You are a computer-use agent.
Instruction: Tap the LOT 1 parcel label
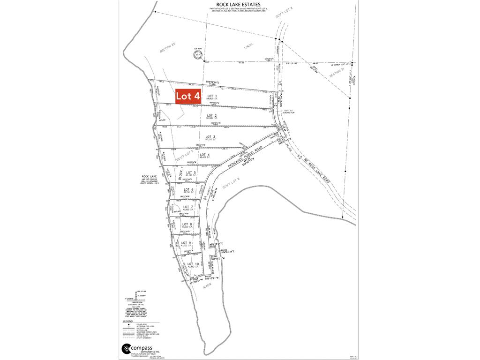[213, 96]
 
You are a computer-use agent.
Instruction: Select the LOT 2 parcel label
[212, 115]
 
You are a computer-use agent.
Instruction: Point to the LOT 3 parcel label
[210, 136]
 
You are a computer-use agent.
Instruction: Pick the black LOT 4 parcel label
[204, 155]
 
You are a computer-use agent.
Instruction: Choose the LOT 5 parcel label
[191, 173]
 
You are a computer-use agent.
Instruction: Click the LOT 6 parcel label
[189, 189]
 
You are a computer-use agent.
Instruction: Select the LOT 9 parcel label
[187, 243]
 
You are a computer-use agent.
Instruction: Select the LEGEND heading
[127, 321]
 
